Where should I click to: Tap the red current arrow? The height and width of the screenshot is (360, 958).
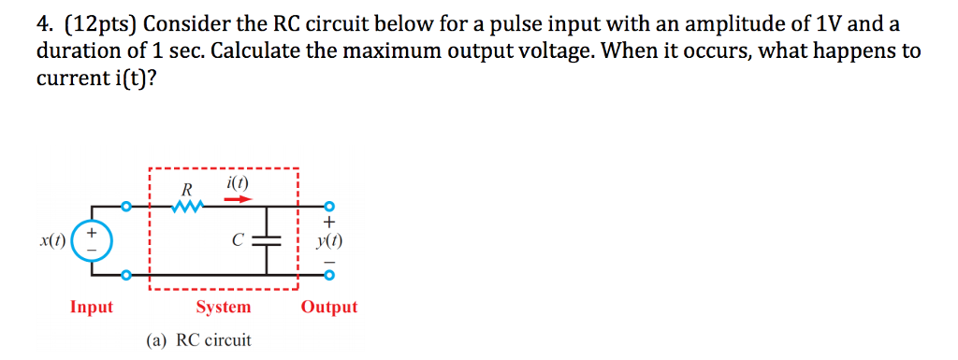[239, 198]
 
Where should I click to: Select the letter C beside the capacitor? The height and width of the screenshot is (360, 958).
[239, 240]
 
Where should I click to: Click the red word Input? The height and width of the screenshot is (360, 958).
[91, 307]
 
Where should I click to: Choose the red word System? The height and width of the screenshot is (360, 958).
[223, 307]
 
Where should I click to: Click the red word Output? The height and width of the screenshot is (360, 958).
[329, 307]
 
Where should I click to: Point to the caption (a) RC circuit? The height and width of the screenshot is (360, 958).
[198, 339]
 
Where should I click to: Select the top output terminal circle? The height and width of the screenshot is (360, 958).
[329, 207]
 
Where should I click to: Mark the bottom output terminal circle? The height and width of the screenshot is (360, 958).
[329, 274]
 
